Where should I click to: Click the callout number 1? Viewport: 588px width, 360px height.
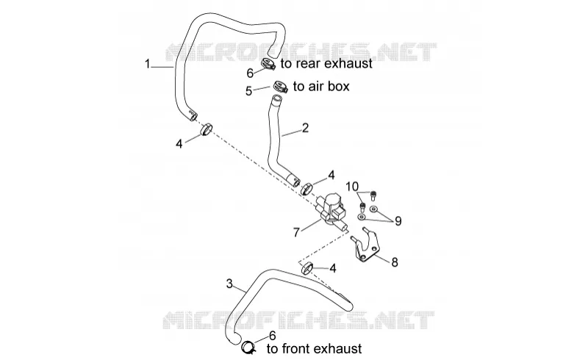tap(148, 64)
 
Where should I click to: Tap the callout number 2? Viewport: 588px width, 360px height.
tap(305, 129)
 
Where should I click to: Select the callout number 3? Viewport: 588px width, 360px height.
tap(229, 284)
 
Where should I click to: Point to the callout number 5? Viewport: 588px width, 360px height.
tap(248, 91)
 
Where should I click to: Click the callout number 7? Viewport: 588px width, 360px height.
tap(296, 232)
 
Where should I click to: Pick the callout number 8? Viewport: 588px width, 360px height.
tap(395, 262)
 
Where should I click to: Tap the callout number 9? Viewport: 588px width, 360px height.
tap(398, 221)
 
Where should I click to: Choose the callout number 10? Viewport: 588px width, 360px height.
tap(352, 187)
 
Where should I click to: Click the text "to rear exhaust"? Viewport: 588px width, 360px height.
tap(326, 64)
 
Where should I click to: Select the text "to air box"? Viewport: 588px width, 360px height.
tap(321, 86)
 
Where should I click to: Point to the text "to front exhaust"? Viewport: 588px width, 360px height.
tap(315, 349)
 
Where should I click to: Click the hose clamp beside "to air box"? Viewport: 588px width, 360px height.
tap(280, 87)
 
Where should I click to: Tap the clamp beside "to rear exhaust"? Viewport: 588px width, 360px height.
tap(268, 64)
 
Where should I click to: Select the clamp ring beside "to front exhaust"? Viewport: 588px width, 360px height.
tap(248, 348)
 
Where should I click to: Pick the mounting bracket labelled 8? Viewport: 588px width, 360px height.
tap(365, 245)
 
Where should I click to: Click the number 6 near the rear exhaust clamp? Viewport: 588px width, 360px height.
tap(250, 73)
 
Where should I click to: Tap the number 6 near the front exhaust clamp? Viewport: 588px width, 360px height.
tap(273, 336)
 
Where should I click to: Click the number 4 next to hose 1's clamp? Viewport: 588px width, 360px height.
tap(179, 143)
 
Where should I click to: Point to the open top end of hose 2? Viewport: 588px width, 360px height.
tap(276, 99)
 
